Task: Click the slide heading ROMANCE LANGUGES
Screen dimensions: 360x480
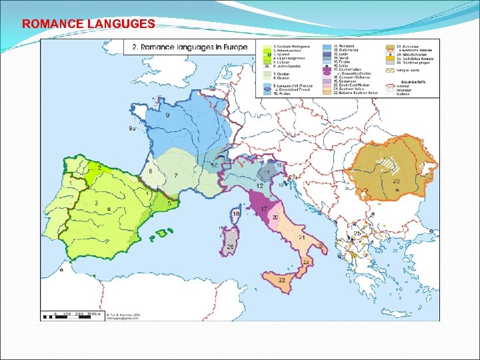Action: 88,24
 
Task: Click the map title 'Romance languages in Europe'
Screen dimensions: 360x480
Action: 190,47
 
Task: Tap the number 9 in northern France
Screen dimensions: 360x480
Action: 167,115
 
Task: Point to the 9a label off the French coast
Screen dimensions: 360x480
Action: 133,129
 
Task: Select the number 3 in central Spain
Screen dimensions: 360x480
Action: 97,203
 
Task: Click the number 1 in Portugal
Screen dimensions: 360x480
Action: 71,182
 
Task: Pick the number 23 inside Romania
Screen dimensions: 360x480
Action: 396,181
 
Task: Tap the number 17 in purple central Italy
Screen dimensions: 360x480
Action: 264,209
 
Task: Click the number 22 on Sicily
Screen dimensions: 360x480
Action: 282,281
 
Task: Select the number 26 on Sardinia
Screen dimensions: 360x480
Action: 230,247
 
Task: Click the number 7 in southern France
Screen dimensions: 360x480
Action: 175,175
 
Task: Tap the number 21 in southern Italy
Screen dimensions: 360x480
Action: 302,238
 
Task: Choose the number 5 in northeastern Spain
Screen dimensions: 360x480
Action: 169,203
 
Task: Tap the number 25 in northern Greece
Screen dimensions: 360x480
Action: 357,234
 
